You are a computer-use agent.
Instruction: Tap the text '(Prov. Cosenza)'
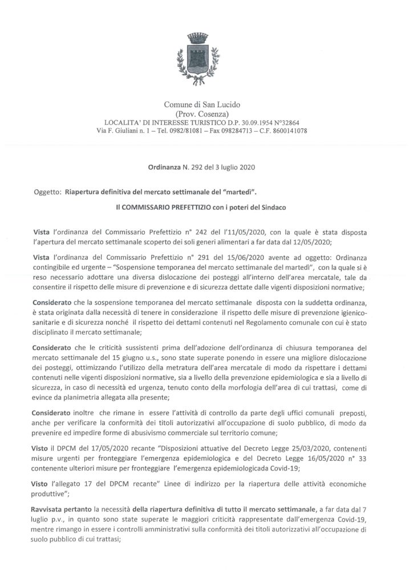tap(206, 115)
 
